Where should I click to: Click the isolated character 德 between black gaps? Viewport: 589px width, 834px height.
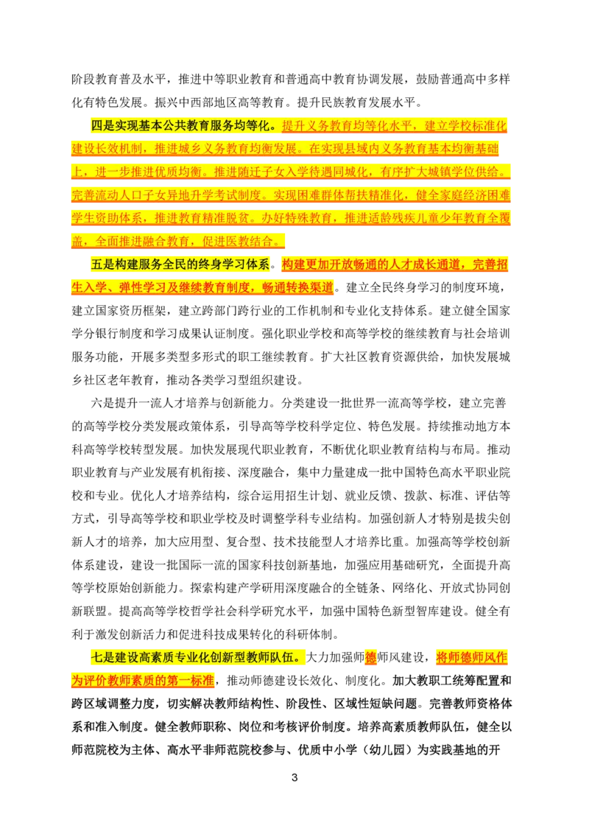click(x=371, y=657)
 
